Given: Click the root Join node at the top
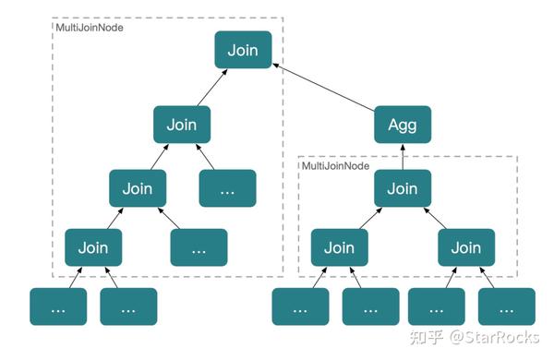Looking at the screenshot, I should point(243,49).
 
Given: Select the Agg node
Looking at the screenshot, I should point(402,125).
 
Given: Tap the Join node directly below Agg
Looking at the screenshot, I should point(402,188).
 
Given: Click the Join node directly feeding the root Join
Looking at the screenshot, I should point(182,125).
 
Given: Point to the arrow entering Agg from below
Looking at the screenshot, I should point(402,157).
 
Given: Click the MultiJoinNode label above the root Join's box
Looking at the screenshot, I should point(90,28).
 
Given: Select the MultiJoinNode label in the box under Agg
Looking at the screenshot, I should point(336,166).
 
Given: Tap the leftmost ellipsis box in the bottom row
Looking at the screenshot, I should point(58,307).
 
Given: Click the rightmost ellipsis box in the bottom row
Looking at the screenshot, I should point(506,307).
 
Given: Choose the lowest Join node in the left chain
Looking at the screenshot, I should point(93,247).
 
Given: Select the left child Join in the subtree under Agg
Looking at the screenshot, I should point(339,247).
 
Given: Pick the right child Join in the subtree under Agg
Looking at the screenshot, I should point(465,247).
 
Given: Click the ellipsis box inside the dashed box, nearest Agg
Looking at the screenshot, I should point(227,188).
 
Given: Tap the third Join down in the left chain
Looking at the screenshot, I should point(138,188).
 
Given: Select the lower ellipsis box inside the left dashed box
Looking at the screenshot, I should point(199,247).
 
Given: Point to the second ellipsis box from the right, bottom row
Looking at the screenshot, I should point(436,307).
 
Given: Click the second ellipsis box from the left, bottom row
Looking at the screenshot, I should point(128,307).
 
